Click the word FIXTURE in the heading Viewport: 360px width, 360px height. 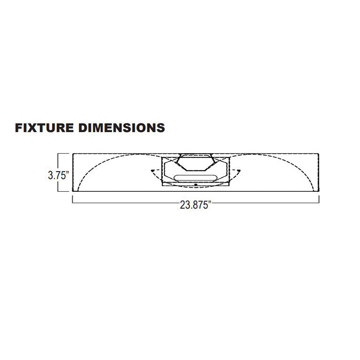pyautogui.click(x=45, y=128)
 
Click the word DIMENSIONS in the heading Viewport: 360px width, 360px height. pyautogui.click(x=122, y=128)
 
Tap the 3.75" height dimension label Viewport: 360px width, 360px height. pyautogui.click(x=59, y=176)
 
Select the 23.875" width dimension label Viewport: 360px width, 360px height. pyautogui.click(x=195, y=205)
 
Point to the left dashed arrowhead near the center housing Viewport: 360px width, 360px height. pyautogui.click(x=152, y=171)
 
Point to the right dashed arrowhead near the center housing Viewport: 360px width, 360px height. pyautogui.click(x=239, y=171)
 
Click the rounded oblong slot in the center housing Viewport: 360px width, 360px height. pyautogui.click(x=195, y=178)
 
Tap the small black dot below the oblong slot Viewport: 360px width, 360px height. pyautogui.click(x=195, y=184)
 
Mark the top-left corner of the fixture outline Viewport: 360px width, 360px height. pyautogui.click(x=73, y=153)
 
